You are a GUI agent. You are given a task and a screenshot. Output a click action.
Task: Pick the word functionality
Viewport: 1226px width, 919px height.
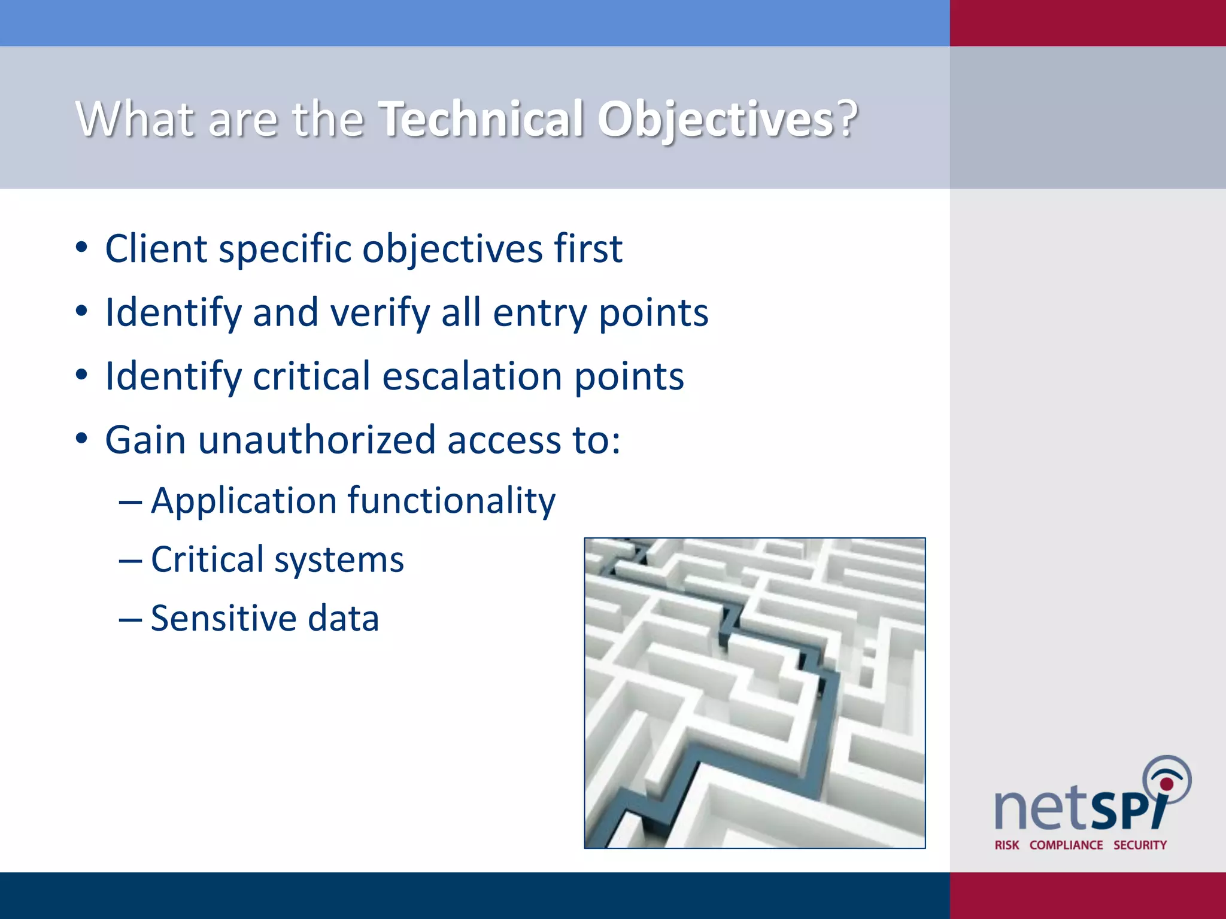[x=451, y=500]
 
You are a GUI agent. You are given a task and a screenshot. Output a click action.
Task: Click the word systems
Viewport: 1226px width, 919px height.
[x=339, y=559]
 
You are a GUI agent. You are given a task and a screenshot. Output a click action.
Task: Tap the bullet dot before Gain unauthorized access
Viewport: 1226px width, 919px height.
[x=82, y=439]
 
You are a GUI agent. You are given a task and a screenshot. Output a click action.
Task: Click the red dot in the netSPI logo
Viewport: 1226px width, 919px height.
[x=1167, y=784]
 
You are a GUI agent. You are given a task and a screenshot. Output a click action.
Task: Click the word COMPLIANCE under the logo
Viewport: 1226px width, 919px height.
[x=1066, y=845]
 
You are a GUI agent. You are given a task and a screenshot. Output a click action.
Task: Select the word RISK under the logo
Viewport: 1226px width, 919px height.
[x=1007, y=845]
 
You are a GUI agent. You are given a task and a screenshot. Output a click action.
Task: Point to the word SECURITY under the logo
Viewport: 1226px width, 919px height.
[x=1140, y=845]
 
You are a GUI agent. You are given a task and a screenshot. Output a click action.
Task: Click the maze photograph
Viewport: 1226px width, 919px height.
[x=754, y=693]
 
